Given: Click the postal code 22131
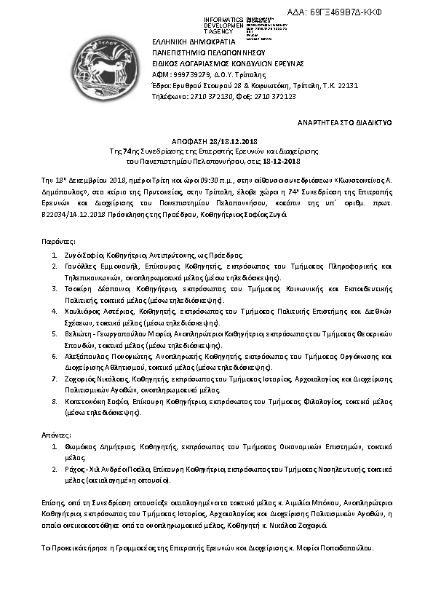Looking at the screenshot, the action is tap(349, 85).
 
